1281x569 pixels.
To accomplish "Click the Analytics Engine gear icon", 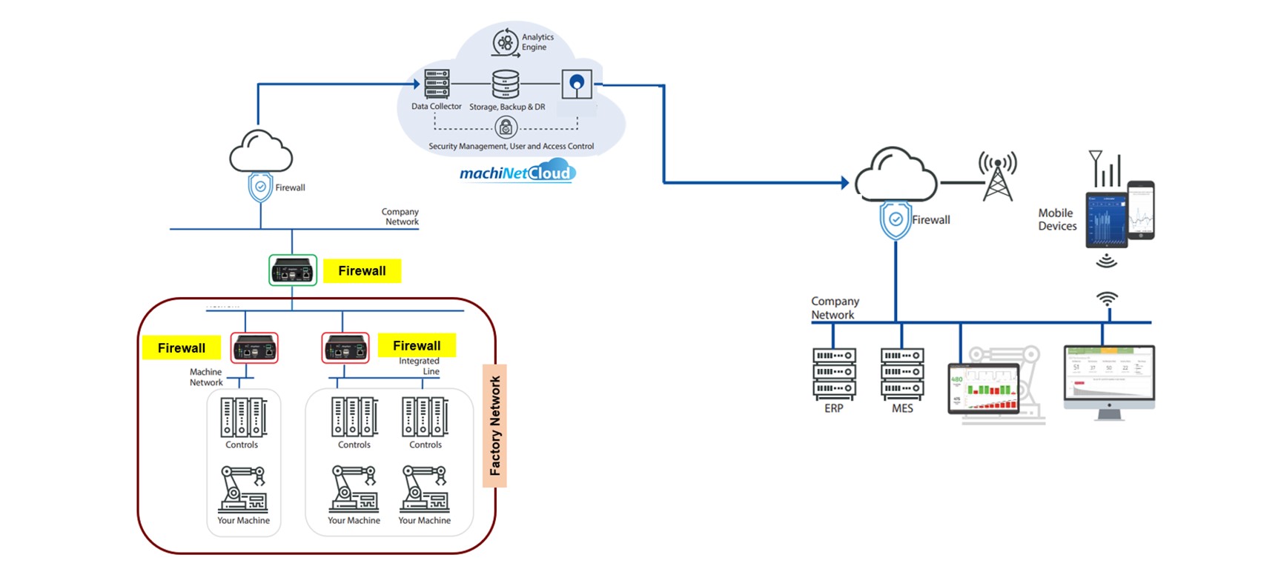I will click(x=506, y=43).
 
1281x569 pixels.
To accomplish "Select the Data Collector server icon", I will click(x=437, y=84).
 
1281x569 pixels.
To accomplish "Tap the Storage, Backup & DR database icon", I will click(x=506, y=84).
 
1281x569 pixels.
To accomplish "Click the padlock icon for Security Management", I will click(x=506, y=128).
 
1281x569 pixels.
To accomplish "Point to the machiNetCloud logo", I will click(x=517, y=173).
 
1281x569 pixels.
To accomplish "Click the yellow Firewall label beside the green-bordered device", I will click(x=362, y=271).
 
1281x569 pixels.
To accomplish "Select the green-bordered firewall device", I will click(x=292, y=270).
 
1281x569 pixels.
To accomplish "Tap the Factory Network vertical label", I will click(x=494, y=425).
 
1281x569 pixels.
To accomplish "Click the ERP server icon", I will click(x=834, y=373).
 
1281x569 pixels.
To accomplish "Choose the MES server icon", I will click(x=902, y=373).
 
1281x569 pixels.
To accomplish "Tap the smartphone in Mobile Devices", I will click(x=1141, y=210).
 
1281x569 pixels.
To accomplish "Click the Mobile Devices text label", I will click(x=1057, y=219).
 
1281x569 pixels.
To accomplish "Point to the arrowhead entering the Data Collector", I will click(x=417, y=84).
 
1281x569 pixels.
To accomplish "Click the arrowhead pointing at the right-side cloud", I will click(x=844, y=182).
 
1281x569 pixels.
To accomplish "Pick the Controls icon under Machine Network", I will click(x=243, y=417).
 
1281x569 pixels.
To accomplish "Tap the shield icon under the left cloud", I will click(x=260, y=187).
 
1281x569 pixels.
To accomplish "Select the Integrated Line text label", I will click(x=420, y=366).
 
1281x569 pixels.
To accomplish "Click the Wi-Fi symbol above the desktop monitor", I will click(x=1107, y=299).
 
